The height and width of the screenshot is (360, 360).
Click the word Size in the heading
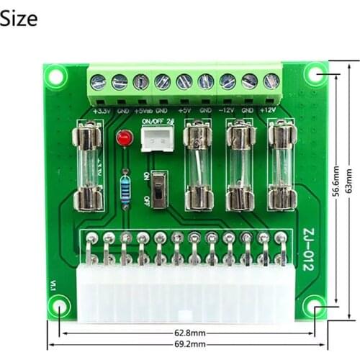point(19,18)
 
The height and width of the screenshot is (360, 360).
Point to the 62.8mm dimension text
point(189,333)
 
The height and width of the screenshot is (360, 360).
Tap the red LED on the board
point(125,138)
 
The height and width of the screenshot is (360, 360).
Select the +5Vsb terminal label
point(143,111)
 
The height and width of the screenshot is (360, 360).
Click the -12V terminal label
point(227,111)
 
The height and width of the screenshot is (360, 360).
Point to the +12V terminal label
point(269,111)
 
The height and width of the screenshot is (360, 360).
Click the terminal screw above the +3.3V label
point(99,82)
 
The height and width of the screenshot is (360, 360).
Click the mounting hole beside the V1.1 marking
point(58,306)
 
